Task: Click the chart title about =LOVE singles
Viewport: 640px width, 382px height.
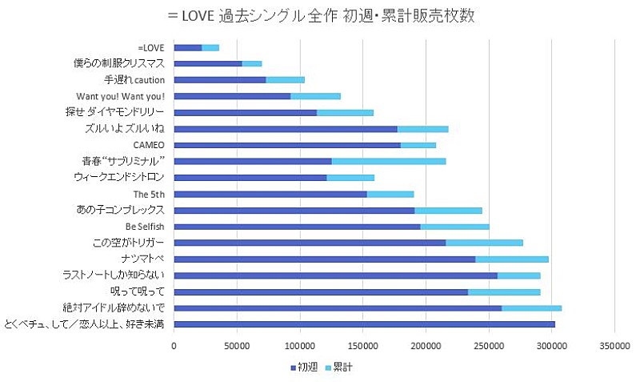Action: [x=320, y=15]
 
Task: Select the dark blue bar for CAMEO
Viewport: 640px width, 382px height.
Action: [x=286, y=145]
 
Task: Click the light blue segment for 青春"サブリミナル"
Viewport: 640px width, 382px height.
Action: [x=388, y=161]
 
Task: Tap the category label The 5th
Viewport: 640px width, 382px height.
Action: [x=149, y=194]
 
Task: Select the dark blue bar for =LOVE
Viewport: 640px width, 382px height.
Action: [x=187, y=48]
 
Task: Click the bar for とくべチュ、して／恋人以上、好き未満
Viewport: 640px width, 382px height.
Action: [x=364, y=324]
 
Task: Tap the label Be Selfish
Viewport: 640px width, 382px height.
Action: [x=145, y=227]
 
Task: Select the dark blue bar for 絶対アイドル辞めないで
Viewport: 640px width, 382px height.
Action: [x=337, y=308]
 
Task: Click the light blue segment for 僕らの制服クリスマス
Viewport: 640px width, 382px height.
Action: [x=251, y=63]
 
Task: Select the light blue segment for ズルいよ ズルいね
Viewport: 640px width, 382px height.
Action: [x=422, y=129]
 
